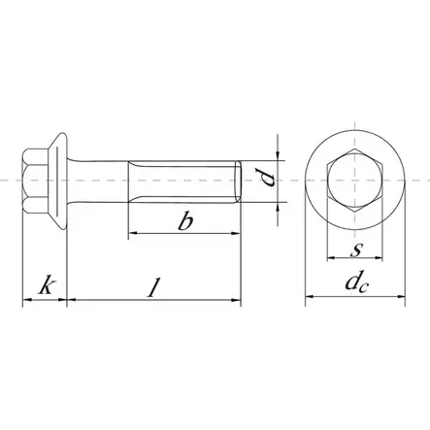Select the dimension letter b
tap(183, 221)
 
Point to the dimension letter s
tap(356, 251)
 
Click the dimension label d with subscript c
tap(356, 286)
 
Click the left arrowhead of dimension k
tap(26, 302)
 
